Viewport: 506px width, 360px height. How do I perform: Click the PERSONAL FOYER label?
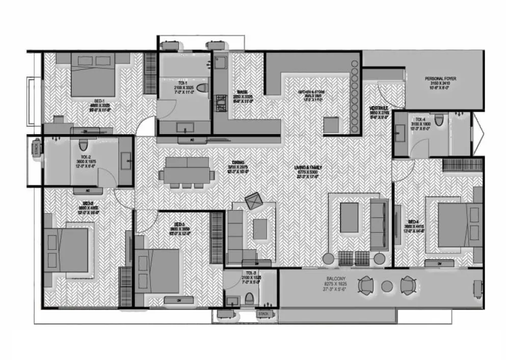click(x=440, y=79)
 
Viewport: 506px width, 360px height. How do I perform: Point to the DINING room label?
click(x=237, y=163)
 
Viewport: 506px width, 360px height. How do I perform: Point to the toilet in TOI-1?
click(x=202, y=88)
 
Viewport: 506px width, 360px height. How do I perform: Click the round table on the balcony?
click(x=387, y=286)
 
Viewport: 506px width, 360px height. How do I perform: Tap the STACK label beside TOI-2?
click(x=36, y=148)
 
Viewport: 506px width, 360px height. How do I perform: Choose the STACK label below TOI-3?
click(x=264, y=314)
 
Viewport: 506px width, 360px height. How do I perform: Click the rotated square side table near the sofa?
click(x=253, y=201)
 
